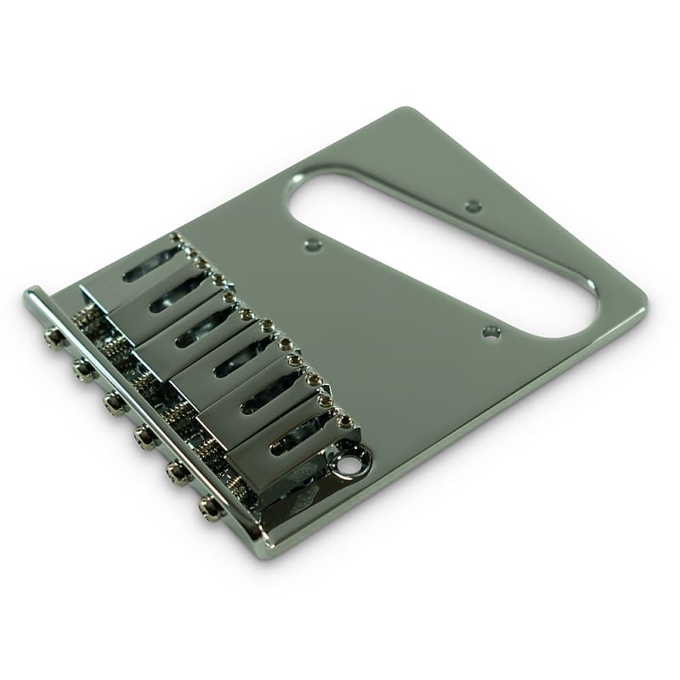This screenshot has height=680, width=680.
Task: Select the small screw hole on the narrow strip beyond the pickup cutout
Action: (473, 206)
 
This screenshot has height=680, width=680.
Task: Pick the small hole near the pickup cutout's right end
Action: (490, 333)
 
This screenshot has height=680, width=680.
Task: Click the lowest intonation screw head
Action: (208, 507)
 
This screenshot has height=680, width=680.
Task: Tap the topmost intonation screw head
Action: (55, 337)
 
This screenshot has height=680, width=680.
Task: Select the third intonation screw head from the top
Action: (114, 402)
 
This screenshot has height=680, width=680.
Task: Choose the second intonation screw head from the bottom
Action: (177, 473)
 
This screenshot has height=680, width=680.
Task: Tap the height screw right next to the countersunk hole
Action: (345, 421)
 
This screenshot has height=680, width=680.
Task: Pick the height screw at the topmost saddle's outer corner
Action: (176, 239)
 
